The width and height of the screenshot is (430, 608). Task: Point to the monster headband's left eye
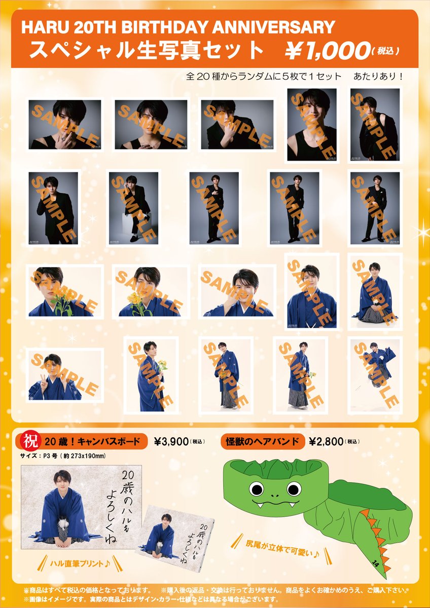tap(257, 489)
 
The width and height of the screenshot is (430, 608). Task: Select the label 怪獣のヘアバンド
tap(263, 441)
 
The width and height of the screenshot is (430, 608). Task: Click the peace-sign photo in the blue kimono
tap(64, 375)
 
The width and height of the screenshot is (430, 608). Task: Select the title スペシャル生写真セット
tap(147, 51)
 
